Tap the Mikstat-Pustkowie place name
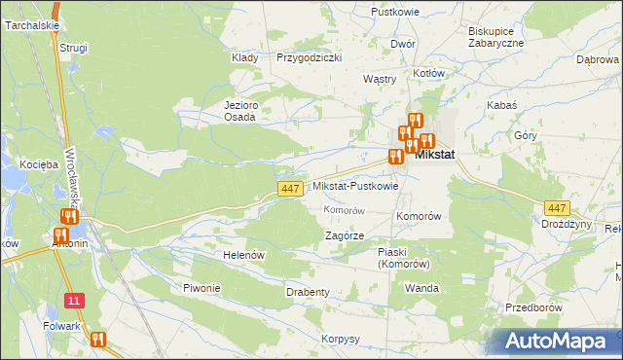pyautogui.click(x=354, y=186)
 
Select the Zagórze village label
pyautogui.click(x=344, y=235)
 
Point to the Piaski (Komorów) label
pyautogui.click(x=404, y=257)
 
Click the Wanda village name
pyautogui.click(x=421, y=289)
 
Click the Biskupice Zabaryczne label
pyautogui.click(x=495, y=36)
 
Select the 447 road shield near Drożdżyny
pyautogui.click(x=557, y=208)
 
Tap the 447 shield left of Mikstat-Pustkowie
pyautogui.click(x=289, y=189)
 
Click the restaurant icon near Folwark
pyautogui.click(x=97, y=340)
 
